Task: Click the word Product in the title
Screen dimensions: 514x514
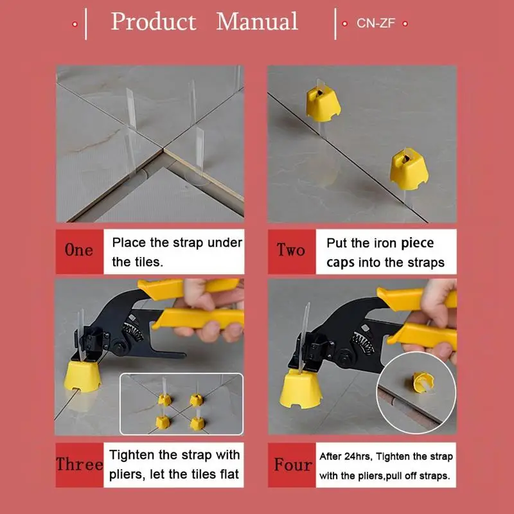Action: click(154, 22)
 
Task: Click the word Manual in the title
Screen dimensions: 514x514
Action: click(257, 21)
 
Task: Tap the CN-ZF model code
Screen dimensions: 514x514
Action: click(376, 23)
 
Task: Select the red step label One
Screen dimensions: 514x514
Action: click(79, 251)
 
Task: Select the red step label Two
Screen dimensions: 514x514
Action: click(292, 251)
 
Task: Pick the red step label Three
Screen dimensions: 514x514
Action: click(79, 465)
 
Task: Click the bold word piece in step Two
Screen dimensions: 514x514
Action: click(417, 244)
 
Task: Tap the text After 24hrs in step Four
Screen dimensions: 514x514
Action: click(346, 456)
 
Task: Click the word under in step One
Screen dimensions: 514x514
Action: click(225, 243)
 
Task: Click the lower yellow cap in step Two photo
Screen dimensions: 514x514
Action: click(409, 169)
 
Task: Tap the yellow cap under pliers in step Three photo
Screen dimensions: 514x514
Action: click(82, 377)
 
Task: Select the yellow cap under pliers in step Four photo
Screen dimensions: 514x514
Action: click(301, 389)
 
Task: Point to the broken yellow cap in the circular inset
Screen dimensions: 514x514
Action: click(423, 382)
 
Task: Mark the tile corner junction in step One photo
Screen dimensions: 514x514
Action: click(163, 150)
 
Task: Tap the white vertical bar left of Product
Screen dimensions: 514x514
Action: click(86, 24)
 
